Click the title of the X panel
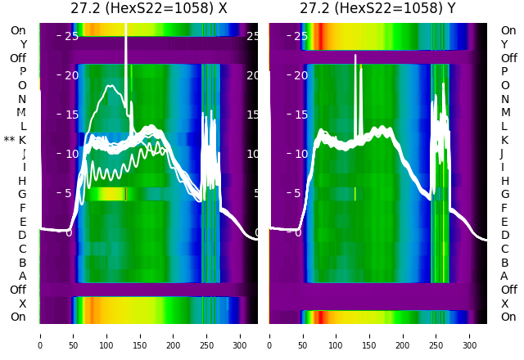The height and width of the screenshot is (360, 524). click(148, 9)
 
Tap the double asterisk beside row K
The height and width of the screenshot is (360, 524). click(9, 140)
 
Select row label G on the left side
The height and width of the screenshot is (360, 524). click(22, 194)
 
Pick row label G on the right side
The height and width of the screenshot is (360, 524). click(504, 194)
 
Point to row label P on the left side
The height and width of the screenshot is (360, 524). click(22, 72)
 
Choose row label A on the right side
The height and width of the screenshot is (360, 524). click(504, 276)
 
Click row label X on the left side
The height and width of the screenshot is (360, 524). click(22, 304)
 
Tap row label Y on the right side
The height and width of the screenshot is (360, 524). click(504, 44)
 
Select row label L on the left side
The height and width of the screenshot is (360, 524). click(22, 126)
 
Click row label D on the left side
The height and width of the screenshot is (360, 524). click(22, 235)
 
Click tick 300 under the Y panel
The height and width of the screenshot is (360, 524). click(470, 335)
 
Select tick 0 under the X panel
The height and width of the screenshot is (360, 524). click(39, 335)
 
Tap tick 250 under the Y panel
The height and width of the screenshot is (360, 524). click(436, 335)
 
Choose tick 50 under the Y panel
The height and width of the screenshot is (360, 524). click(303, 335)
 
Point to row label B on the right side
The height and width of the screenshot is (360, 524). click(504, 263)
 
